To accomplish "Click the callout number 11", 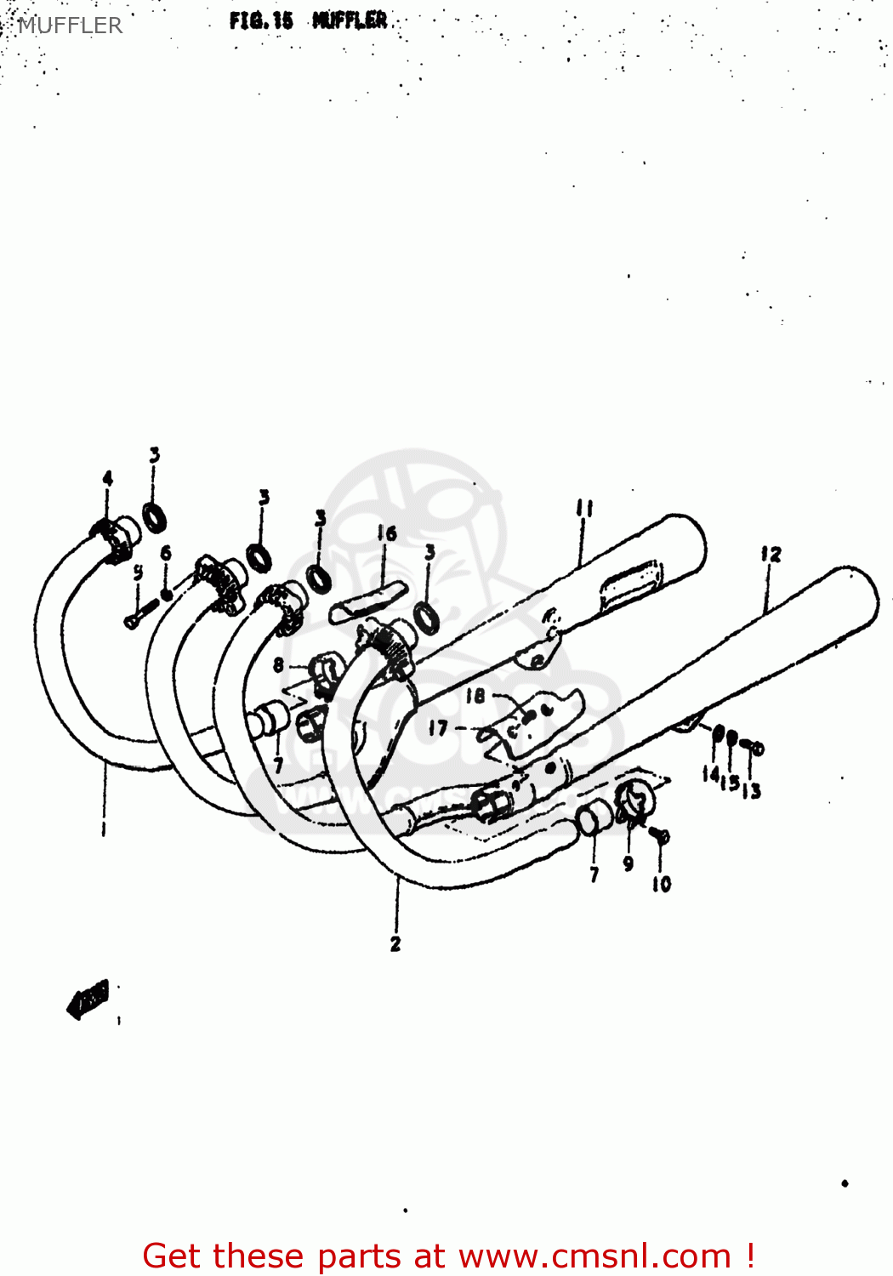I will (x=583, y=509).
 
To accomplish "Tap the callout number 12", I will (x=771, y=554).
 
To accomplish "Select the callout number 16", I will (x=387, y=533).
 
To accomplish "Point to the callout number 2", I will (x=395, y=943).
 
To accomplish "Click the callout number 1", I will (x=104, y=828).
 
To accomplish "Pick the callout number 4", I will (x=107, y=478).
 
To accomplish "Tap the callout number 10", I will (x=662, y=885).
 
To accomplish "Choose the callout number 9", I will (x=629, y=864).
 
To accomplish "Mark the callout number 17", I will (x=437, y=728).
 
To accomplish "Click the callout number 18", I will (x=475, y=696).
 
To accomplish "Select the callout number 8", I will (x=279, y=664).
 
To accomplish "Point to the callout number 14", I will (x=711, y=773).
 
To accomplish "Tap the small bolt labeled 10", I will (x=661, y=837).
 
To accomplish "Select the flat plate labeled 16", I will (x=368, y=601).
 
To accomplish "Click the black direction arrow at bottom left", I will (x=88, y=999).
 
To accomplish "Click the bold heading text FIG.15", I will (x=261, y=21).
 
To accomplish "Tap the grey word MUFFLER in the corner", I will (x=70, y=26).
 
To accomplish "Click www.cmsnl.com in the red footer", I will (x=594, y=1256).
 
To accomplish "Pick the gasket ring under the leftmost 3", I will (x=154, y=517).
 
